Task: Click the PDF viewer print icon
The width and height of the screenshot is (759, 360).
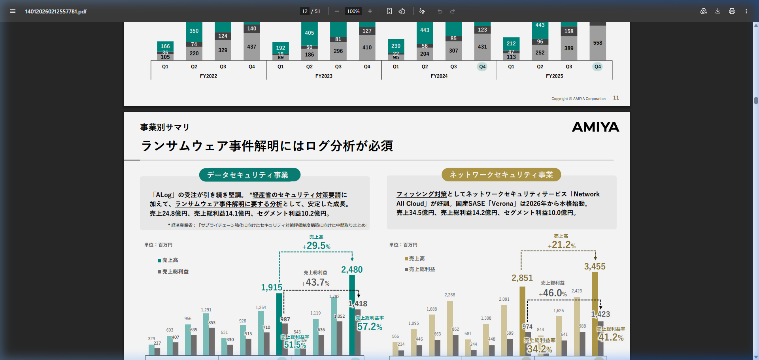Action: point(732,11)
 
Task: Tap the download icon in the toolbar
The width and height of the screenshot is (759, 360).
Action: point(717,11)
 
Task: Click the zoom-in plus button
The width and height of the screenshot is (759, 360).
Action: point(370,11)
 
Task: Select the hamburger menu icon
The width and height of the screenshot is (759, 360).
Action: point(13,11)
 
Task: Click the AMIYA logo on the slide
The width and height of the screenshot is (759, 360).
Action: point(595,127)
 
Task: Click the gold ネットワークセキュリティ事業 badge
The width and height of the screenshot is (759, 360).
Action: point(501,175)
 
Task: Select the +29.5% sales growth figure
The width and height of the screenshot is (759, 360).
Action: point(317,245)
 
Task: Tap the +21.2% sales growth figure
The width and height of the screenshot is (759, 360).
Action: point(562,245)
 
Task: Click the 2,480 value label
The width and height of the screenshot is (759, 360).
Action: point(352,270)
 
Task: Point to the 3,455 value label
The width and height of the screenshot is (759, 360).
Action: point(595,267)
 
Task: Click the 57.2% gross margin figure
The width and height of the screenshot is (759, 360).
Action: point(370,327)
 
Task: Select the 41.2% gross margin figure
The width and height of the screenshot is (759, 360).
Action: point(611,337)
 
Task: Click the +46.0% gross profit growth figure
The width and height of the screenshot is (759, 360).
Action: point(553,293)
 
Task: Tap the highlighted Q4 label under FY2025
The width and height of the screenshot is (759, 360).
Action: point(597,67)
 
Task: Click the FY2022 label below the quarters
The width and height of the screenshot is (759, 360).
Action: point(208,76)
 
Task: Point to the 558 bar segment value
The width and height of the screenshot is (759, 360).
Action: point(597,43)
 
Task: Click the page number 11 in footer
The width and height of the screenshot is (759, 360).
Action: point(616,98)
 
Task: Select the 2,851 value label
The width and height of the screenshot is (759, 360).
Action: point(522,278)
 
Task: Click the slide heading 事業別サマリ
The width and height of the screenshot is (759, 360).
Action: point(165,127)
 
